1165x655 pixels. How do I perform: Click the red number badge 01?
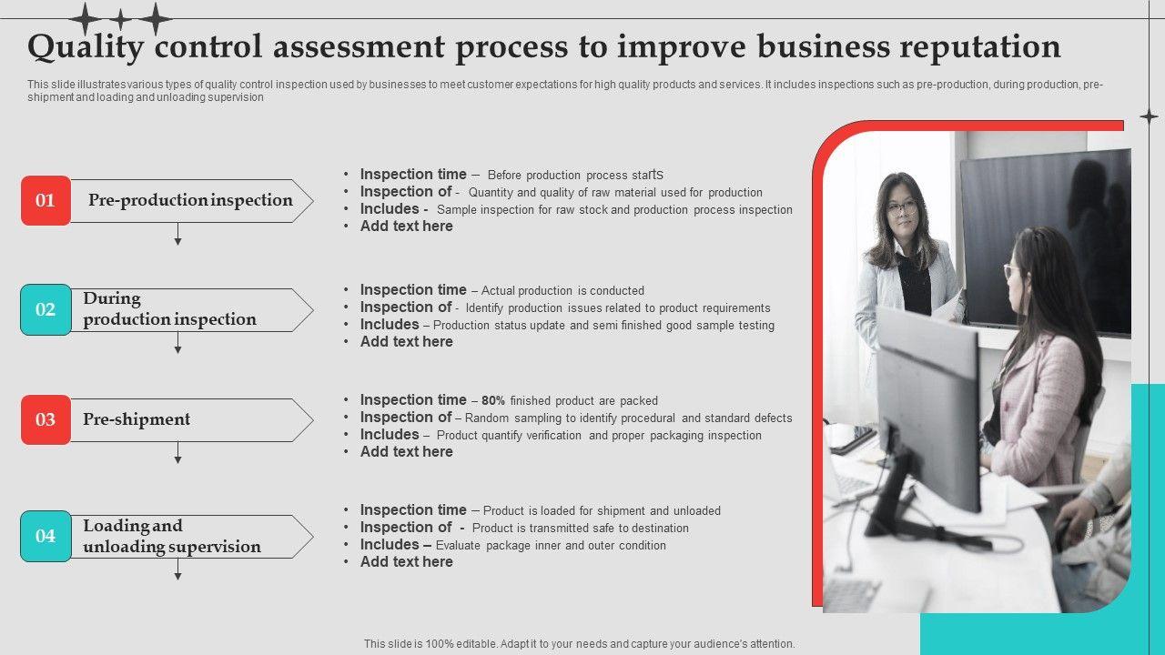(x=46, y=201)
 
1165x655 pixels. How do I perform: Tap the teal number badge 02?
(x=46, y=310)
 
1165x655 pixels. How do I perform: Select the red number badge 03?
(x=46, y=419)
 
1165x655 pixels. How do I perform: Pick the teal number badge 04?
(x=46, y=536)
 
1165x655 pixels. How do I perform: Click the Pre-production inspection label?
(x=190, y=200)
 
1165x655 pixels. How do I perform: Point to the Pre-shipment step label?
(x=137, y=419)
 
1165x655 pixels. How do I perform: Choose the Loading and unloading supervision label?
(x=172, y=536)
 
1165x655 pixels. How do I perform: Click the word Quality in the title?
(x=86, y=46)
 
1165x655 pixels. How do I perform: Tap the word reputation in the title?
(x=980, y=46)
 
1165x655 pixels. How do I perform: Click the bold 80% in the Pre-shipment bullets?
(x=493, y=401)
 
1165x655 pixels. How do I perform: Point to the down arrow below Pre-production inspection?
(x=177, y=234)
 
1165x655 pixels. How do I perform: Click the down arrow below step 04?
(x=177, y=569)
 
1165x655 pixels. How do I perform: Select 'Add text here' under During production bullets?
(x=406, y=341)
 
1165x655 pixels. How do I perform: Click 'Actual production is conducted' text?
(x=562, y=290)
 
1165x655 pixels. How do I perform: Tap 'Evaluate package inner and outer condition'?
(x=551, y=545)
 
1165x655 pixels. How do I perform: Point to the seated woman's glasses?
(x=1011, y=271)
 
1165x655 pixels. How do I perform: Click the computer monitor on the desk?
(x=928, y=410)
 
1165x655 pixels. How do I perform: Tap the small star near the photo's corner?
(x=1149, y=116)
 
